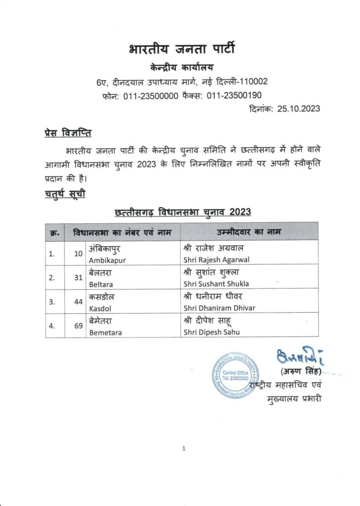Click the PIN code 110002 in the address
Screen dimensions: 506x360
[x=254, y=82]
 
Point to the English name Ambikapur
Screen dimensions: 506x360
[x=106, y=258]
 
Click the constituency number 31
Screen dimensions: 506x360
[x=78, y=278]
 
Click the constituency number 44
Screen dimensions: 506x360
[x=78, y=302]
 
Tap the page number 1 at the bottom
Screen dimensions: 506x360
[x=183, y=449]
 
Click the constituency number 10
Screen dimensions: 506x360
[x=78, y=253]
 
